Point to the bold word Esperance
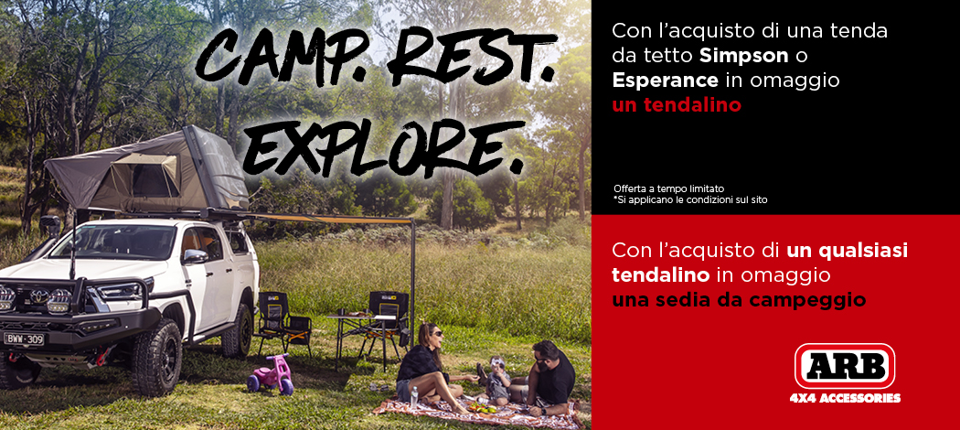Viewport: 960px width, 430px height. point(665,81)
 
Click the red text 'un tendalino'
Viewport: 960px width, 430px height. point(677,105)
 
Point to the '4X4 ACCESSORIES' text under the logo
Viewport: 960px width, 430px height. point(844,398)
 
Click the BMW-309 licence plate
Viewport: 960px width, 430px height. point(24,339)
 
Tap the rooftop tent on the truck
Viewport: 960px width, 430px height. point(146,169)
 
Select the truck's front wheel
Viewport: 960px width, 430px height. point(157,357)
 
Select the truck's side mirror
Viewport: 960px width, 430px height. point(194,257)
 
